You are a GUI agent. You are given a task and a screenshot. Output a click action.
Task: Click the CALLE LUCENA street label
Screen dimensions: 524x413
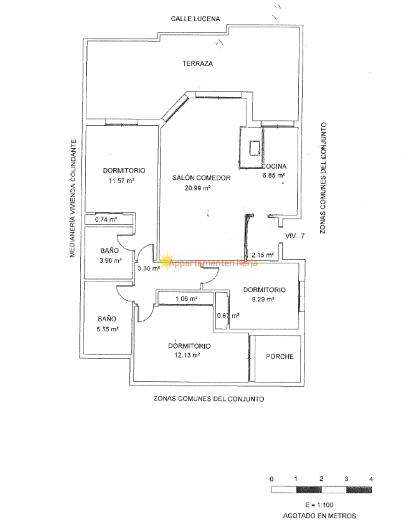195,19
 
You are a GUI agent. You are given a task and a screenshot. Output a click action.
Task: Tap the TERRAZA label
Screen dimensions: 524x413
197,64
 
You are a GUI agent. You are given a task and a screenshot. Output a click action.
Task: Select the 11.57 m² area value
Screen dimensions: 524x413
121,181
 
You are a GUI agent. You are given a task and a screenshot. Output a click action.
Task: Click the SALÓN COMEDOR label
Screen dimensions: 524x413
201,178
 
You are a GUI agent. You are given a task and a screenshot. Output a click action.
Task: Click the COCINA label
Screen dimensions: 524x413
274,167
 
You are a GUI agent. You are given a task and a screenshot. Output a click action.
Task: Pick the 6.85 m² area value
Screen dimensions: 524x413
273,175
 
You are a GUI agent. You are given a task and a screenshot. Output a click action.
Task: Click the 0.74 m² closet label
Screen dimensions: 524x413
106,219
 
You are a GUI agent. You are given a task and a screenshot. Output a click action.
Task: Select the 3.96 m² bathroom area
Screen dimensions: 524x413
110,261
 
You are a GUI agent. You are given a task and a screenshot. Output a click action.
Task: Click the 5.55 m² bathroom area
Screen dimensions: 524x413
108,329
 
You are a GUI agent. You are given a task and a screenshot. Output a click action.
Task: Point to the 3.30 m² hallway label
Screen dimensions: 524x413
149,269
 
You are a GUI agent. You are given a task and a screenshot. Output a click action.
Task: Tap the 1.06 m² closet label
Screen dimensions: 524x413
186,298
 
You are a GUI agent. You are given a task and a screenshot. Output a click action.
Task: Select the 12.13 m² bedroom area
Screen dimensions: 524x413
189,355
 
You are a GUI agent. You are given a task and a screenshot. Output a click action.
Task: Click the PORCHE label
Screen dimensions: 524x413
279,357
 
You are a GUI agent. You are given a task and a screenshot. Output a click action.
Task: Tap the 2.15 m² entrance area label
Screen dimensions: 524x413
262,255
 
